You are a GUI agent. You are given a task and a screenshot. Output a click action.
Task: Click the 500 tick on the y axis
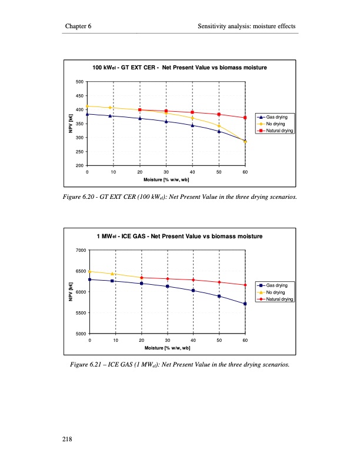pyautogui.click(x=79, y=82)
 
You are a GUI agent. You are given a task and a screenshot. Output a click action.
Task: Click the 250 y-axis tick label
pyautogui.click(x=79, y=152)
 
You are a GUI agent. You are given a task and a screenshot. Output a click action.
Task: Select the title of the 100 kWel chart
pyautogui.click(x=180, y=68)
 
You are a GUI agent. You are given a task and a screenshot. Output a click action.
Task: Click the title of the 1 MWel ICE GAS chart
pyautogui.click(x=179, y=237)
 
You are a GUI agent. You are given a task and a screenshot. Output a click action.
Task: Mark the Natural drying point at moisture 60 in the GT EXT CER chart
pyautogui.click(x=245, y=118)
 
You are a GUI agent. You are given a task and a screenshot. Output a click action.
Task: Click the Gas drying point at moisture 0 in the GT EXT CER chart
pyautogui.click(x=87, y=114)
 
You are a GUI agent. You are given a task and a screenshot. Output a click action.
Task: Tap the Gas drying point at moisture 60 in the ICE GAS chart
pyautogui.click(x=245, y=304)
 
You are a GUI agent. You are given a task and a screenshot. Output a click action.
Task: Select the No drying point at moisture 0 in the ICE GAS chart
pyautogui.click(x=89, y=271)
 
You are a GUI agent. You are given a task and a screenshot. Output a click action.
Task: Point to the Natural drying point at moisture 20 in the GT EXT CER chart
pyautogui.click(x=140, y=110)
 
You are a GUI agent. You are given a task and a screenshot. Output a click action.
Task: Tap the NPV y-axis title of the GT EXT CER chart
pyautogui.click(x=71, y=124)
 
